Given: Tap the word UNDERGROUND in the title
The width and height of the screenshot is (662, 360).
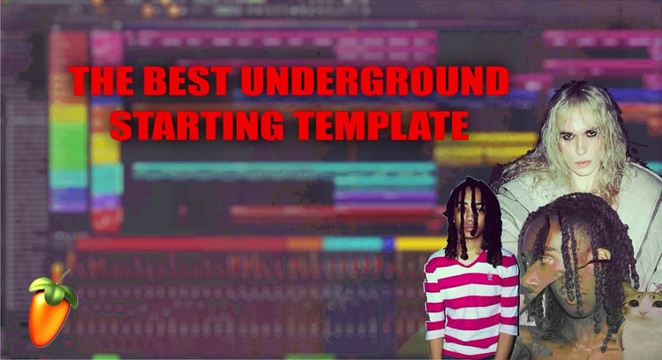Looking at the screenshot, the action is [x=374, y=80].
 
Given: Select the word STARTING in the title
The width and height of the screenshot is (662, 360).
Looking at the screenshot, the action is [x=197, y=125].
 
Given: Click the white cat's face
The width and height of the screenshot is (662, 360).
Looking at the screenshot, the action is [x=643, y=307].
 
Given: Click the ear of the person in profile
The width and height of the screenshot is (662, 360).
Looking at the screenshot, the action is [x=602, y=259].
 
